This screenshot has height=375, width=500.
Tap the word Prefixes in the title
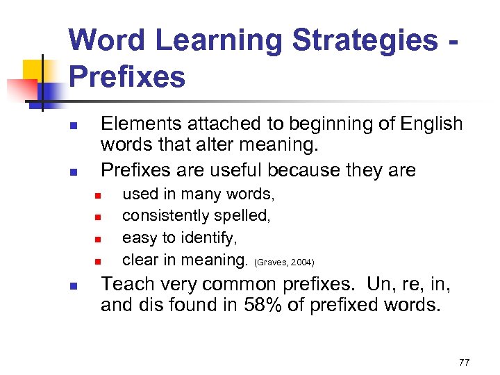[127, 76]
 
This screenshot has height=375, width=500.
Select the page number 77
[464, 362]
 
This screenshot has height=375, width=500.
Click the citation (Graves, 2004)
[285, 262]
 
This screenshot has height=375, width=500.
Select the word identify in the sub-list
[208, 237]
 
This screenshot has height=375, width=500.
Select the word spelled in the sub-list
[246, 215]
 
